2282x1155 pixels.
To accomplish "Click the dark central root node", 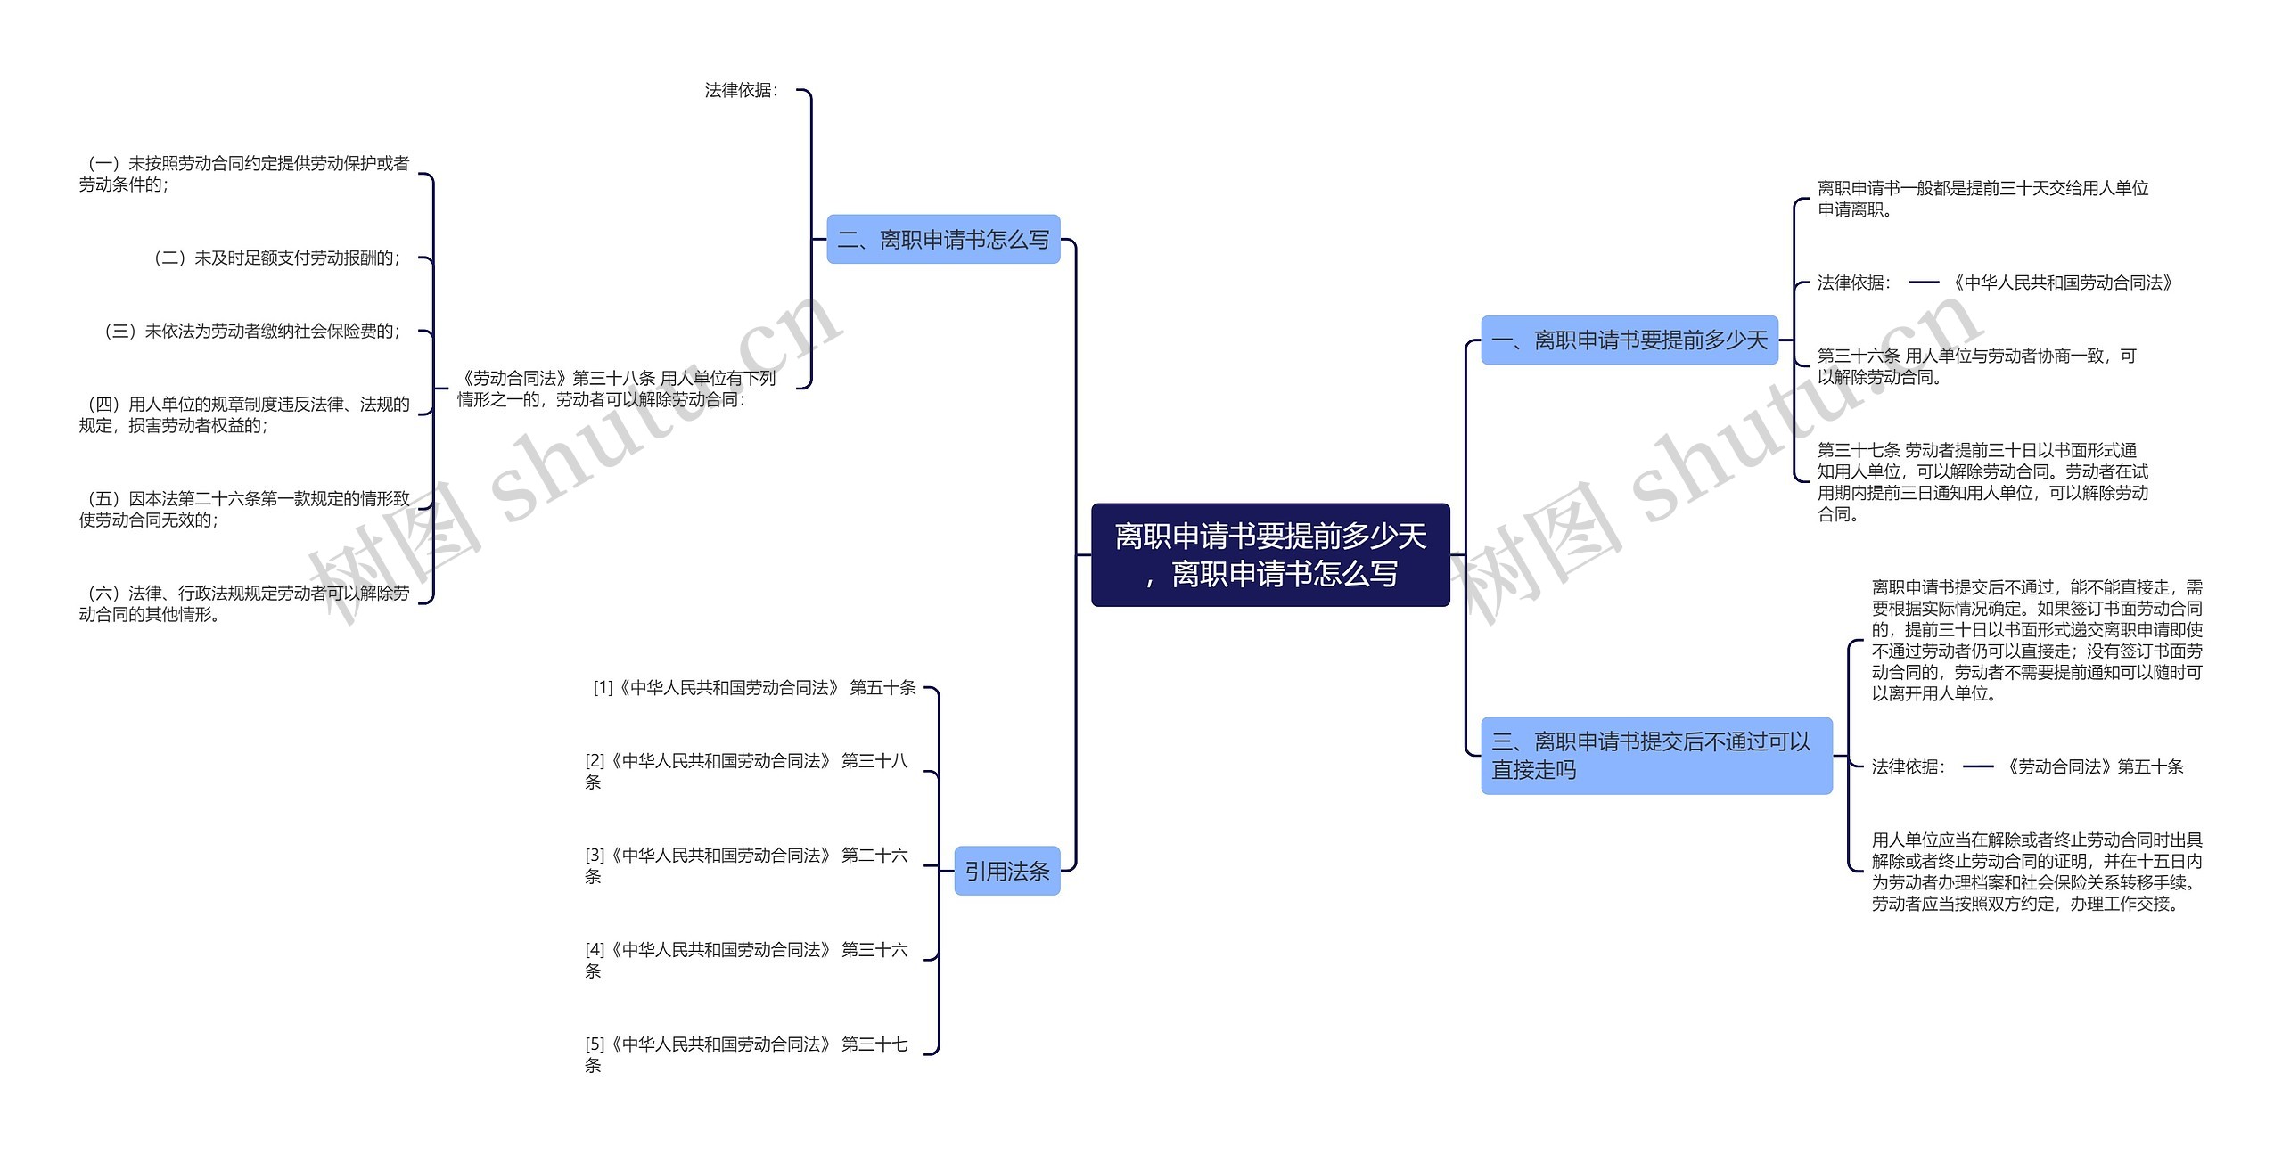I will click(1270, 554).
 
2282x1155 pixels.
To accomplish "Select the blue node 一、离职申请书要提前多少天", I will click(1629, 340).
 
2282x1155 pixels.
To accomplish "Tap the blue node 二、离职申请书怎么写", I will click(943, 240).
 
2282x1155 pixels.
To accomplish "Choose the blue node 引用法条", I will click(1006, 871).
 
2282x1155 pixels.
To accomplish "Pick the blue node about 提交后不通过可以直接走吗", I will click(1655, 756).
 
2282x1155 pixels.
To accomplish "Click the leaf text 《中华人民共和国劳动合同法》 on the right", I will click(2061, 283).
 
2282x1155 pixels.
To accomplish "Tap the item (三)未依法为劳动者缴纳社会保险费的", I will click(252, 332).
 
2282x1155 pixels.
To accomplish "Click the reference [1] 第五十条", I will click(754, 688).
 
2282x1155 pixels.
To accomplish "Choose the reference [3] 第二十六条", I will click(745, 865).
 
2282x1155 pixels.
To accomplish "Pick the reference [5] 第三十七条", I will click(745, 1054).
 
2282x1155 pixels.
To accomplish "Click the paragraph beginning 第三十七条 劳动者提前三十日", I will click(1982, 482).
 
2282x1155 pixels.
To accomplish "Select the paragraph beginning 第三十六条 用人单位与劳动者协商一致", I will click(1976, 366).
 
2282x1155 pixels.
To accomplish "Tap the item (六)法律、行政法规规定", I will click(244, 603).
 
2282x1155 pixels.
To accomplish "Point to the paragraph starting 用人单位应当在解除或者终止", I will click(2036, 872).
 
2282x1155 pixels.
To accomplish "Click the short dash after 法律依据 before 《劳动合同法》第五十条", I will click(1977, 766).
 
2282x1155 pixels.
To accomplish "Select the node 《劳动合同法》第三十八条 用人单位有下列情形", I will click(616, 389).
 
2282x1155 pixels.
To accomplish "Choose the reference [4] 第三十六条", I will click(745, 960).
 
